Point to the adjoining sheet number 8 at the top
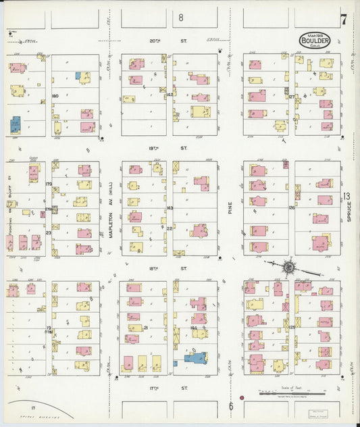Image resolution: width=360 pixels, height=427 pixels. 180,17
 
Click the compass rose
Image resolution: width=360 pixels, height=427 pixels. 288,268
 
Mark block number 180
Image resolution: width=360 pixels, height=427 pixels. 55,96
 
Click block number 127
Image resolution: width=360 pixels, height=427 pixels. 292,97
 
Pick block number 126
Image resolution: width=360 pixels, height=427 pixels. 292,207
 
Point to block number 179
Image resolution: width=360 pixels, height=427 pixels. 49,184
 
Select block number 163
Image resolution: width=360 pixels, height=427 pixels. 170,208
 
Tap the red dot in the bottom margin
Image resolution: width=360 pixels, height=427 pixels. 241,397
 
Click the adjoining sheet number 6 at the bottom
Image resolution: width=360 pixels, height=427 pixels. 230,406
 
